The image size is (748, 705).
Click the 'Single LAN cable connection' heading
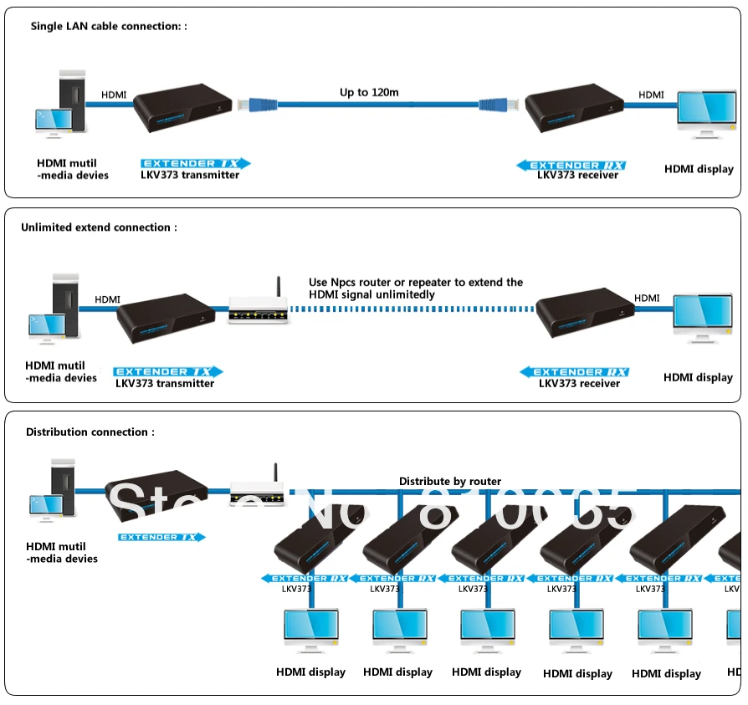(x=109, y=27)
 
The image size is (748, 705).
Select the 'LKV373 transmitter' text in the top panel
(x=190, y=175)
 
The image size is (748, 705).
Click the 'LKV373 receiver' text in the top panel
(x=577, y=175)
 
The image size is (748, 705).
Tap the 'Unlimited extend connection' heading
(x=99, y=227)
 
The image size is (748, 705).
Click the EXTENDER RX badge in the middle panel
(x=574, y=372)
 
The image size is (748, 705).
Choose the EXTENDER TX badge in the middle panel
(x=168, y=371)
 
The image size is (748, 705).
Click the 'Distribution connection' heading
(x=90, y=432)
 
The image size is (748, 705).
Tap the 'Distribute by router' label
(x=450, y=481)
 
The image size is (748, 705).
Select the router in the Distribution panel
(x=259, y=489)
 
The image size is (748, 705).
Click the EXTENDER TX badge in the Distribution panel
(x=161, y=537)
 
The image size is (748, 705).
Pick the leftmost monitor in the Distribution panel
(x=311, y=631)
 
